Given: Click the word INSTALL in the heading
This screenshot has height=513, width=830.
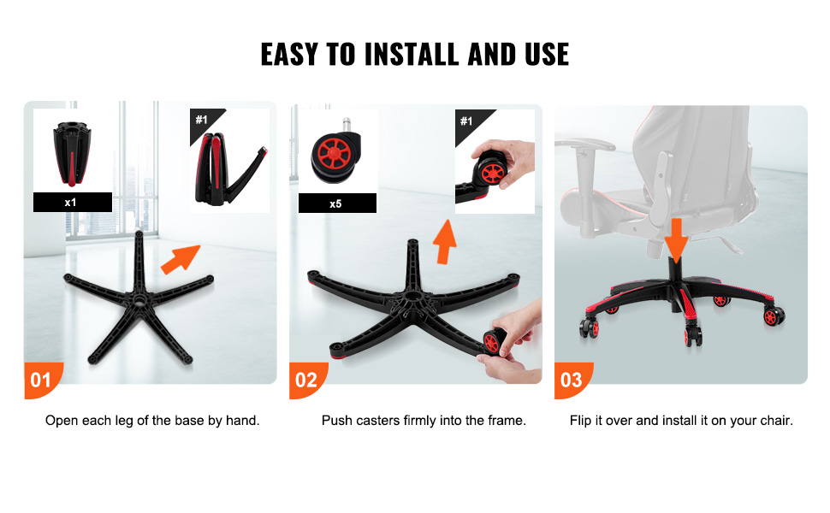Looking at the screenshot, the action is (412, 55).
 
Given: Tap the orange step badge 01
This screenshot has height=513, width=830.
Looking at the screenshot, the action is (42, 380).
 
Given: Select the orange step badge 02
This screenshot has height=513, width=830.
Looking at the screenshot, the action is (308, 380).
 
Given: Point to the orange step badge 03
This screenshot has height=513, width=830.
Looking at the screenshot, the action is (573, 380).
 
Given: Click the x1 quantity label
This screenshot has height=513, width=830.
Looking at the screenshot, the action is (73, 202).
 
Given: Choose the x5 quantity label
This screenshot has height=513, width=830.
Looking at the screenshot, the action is (337, 203).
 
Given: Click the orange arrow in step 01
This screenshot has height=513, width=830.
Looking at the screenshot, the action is (181, 259).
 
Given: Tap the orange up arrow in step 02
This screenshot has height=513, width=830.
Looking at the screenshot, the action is (445, 242).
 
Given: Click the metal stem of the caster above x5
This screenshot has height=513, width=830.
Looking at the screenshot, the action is (347, 126).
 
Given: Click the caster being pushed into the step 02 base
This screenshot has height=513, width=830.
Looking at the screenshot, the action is (494, 341).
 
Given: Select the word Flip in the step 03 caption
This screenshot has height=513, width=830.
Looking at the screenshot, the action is (581, 421).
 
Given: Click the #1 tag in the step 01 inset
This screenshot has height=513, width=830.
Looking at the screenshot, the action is (202, 120).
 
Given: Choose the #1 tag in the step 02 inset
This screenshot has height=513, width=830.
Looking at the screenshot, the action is (466, 121).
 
